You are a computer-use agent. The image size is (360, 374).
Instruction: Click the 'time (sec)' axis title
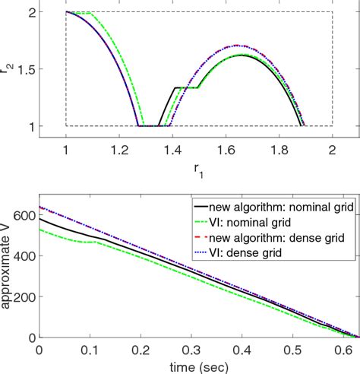pyautogui.click(x=199, y=366)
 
